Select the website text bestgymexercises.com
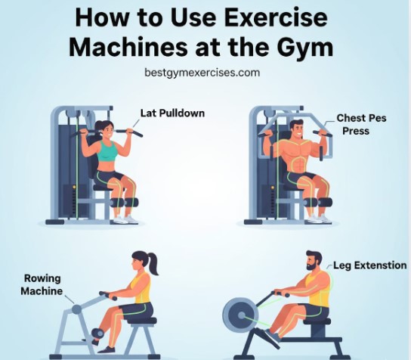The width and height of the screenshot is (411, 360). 202,73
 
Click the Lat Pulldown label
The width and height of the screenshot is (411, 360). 172,113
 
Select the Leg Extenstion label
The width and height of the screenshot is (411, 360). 370,265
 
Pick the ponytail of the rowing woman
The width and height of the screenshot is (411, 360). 155,264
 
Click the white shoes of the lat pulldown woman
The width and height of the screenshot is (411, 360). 125,219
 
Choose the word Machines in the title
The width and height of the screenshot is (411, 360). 127,46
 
